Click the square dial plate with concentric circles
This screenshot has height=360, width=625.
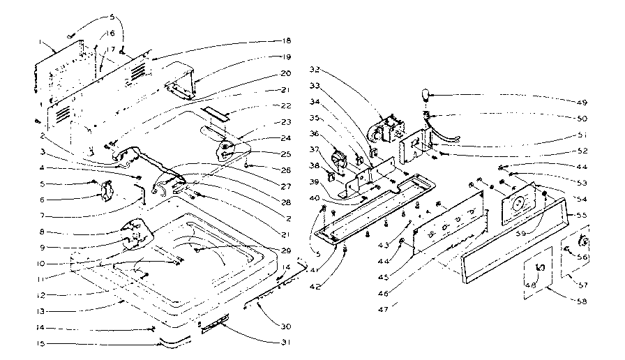520,202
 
